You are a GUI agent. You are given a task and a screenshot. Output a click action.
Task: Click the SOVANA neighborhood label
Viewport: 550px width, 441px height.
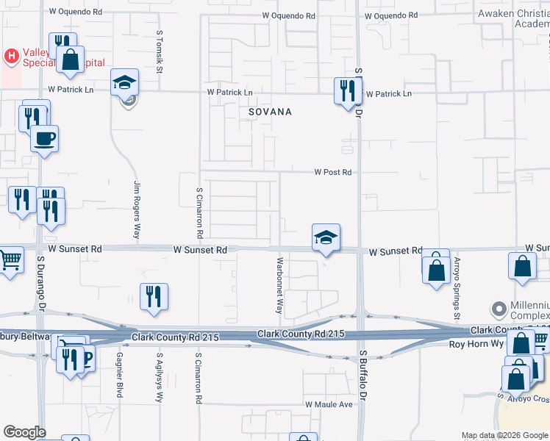point(270,112)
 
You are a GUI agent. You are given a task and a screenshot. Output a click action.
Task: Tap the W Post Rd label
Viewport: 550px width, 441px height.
point(333,172)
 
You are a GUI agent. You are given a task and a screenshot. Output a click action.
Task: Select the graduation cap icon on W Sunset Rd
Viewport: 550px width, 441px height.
point(326,238)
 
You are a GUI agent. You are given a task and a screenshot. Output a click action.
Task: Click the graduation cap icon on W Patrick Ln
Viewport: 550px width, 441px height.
point(125,82)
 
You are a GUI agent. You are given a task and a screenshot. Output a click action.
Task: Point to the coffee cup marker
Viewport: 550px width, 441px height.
point(44,138)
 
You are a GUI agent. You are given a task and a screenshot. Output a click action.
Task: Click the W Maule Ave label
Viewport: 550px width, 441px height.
point(329,404)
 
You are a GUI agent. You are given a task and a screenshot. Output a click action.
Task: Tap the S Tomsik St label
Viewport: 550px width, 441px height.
point(159,52)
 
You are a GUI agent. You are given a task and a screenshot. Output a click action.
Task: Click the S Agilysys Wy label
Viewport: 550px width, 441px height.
point(159,376)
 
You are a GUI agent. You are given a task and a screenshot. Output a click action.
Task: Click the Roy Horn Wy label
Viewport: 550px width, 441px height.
point(474,343)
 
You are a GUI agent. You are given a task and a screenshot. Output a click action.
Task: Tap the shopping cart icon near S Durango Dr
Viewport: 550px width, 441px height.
point(9,259)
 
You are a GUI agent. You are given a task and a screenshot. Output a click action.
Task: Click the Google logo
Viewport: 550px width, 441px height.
point(24,432)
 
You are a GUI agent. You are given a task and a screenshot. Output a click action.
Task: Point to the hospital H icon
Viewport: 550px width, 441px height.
point(11,55)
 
